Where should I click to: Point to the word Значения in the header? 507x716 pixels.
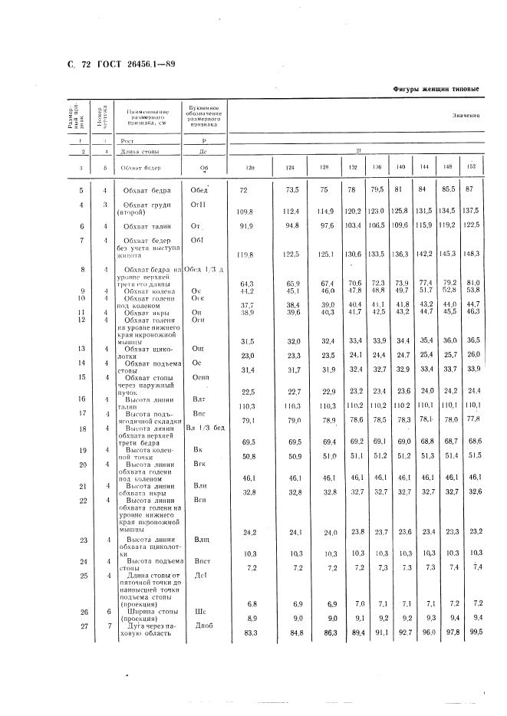click(x=466, y=117)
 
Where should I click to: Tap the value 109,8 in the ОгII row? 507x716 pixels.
click(x=246, y=210)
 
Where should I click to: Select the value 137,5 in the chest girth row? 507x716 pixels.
click(x=471, y=209)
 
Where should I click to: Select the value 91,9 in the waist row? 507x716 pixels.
click(x=246, y=226)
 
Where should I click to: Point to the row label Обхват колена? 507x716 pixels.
click(x=149, y=291)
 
